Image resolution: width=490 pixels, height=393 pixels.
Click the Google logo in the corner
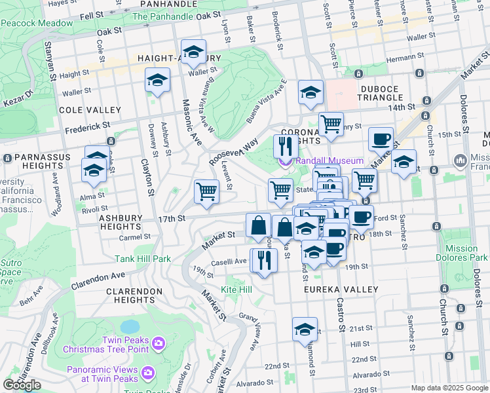(22, 385)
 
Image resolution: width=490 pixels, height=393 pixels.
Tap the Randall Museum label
(329, 160)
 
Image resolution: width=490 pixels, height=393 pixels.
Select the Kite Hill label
(236, 289)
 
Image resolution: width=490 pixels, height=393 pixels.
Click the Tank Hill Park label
(143, 259)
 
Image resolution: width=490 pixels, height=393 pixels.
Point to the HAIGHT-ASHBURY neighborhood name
(179, 58)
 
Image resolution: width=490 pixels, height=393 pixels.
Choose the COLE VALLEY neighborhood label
(90, 110)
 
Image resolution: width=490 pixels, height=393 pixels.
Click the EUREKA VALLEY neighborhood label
(341, 289)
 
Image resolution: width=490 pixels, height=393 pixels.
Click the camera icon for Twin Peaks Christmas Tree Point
(158, 343)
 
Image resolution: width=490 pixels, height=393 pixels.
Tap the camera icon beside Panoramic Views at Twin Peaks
(148, 373)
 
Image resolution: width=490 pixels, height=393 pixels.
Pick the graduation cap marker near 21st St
(305, 329)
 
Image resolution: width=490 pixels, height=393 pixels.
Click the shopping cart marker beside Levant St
(206, 192)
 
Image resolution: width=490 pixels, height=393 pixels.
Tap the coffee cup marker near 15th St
(380, 139)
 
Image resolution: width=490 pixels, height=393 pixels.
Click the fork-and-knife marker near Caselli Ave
(265, 260)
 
